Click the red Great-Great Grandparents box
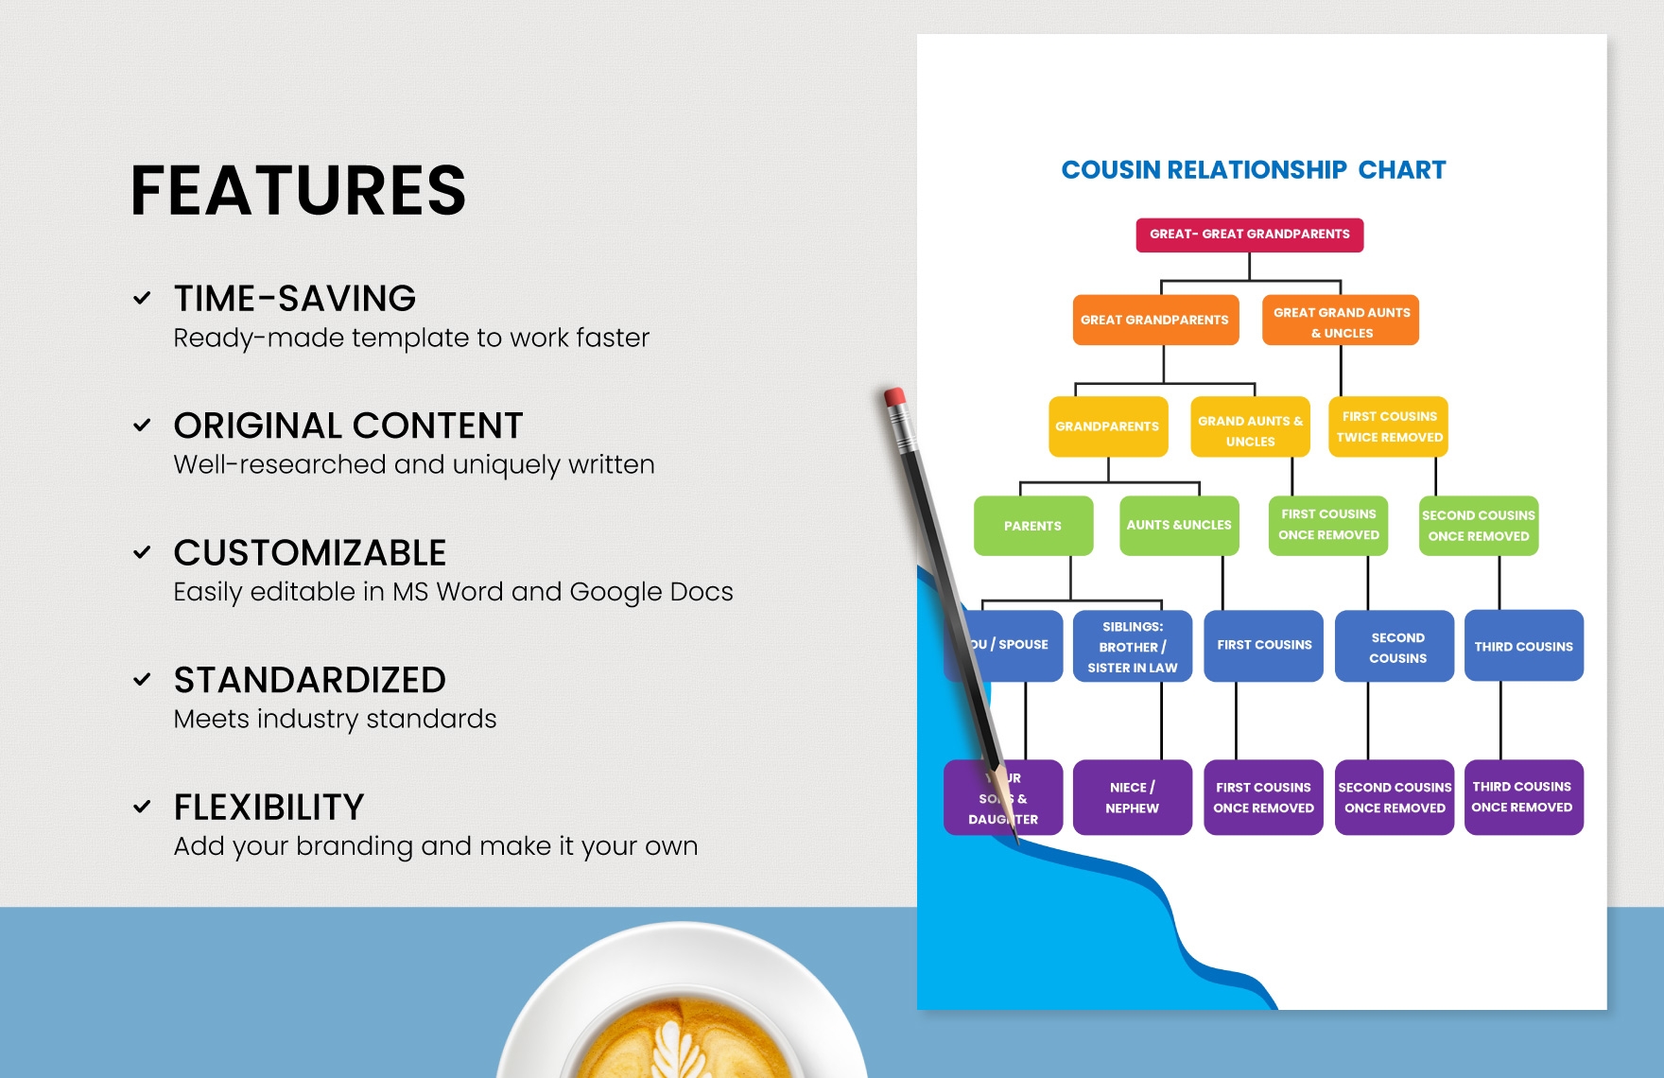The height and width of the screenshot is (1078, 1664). click(1249, 235)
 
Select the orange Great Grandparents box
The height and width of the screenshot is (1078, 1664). click(1154, 320)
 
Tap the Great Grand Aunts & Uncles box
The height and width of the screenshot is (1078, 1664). click(1341, 322)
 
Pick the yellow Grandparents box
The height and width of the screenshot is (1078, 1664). click(1107, 426)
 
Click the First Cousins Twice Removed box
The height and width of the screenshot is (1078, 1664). click(1389, 426)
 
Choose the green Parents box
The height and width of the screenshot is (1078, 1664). click(1032, 526)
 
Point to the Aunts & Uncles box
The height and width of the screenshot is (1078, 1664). click(1179, 525)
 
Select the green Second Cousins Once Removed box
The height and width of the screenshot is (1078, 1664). click(1478, 526)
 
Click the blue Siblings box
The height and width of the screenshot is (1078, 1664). click(1132, 647)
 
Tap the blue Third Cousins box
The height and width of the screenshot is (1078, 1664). click(1523, 647)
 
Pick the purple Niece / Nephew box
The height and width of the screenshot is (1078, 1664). click(1132, 797)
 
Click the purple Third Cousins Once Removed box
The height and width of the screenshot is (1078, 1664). click(1522, 797)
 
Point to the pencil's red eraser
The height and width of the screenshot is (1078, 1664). click(894, 396)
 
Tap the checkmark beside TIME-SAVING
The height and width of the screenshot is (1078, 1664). click(142, 299)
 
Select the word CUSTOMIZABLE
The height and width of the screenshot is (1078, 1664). click(309, 553)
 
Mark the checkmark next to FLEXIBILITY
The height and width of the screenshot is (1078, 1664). click(142, 807)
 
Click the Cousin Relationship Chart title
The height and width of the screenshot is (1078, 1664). click(1253, 170)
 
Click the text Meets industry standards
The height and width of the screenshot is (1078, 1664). click(335, 719)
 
